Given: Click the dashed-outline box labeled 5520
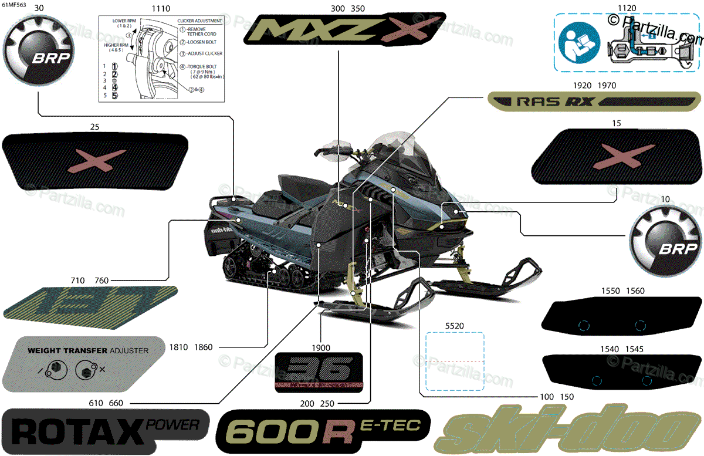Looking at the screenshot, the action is pos(455,362).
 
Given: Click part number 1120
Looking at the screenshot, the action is pos(627,9).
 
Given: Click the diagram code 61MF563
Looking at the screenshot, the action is pos(13,5).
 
